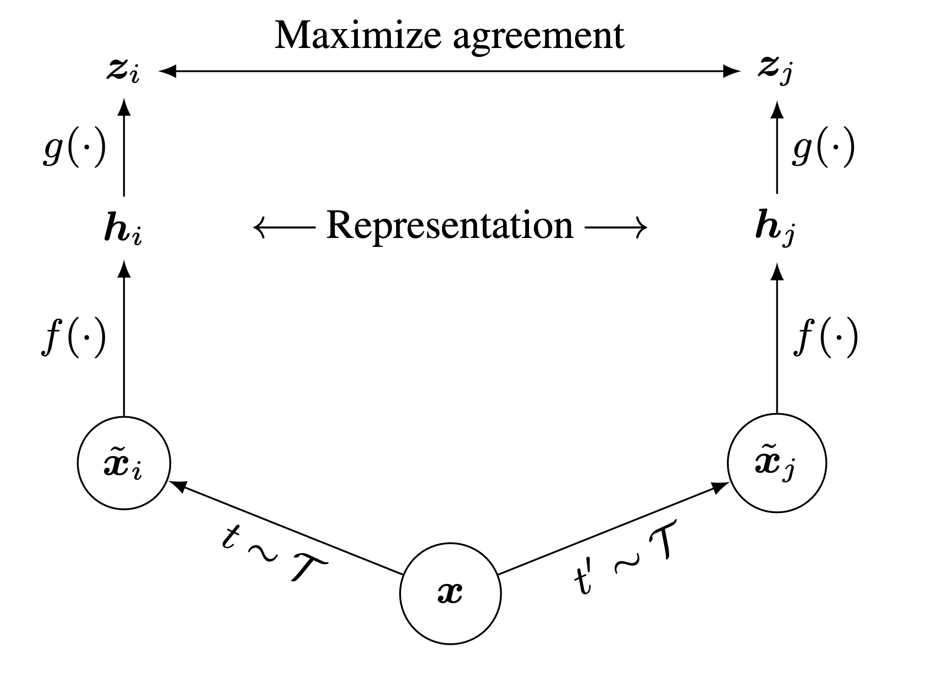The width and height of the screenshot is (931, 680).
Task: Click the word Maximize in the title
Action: click(x=357, y=36)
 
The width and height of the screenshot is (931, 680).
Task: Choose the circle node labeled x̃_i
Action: click(x=124, y=463)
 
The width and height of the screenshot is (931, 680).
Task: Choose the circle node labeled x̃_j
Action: click(x=776, y=463)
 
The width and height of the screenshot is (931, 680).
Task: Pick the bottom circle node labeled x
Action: click(x=450, y=593)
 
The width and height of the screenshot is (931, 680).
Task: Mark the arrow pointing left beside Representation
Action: click(x=284, y=228)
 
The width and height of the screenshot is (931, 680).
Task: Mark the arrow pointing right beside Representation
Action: click(x=616, y=228)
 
